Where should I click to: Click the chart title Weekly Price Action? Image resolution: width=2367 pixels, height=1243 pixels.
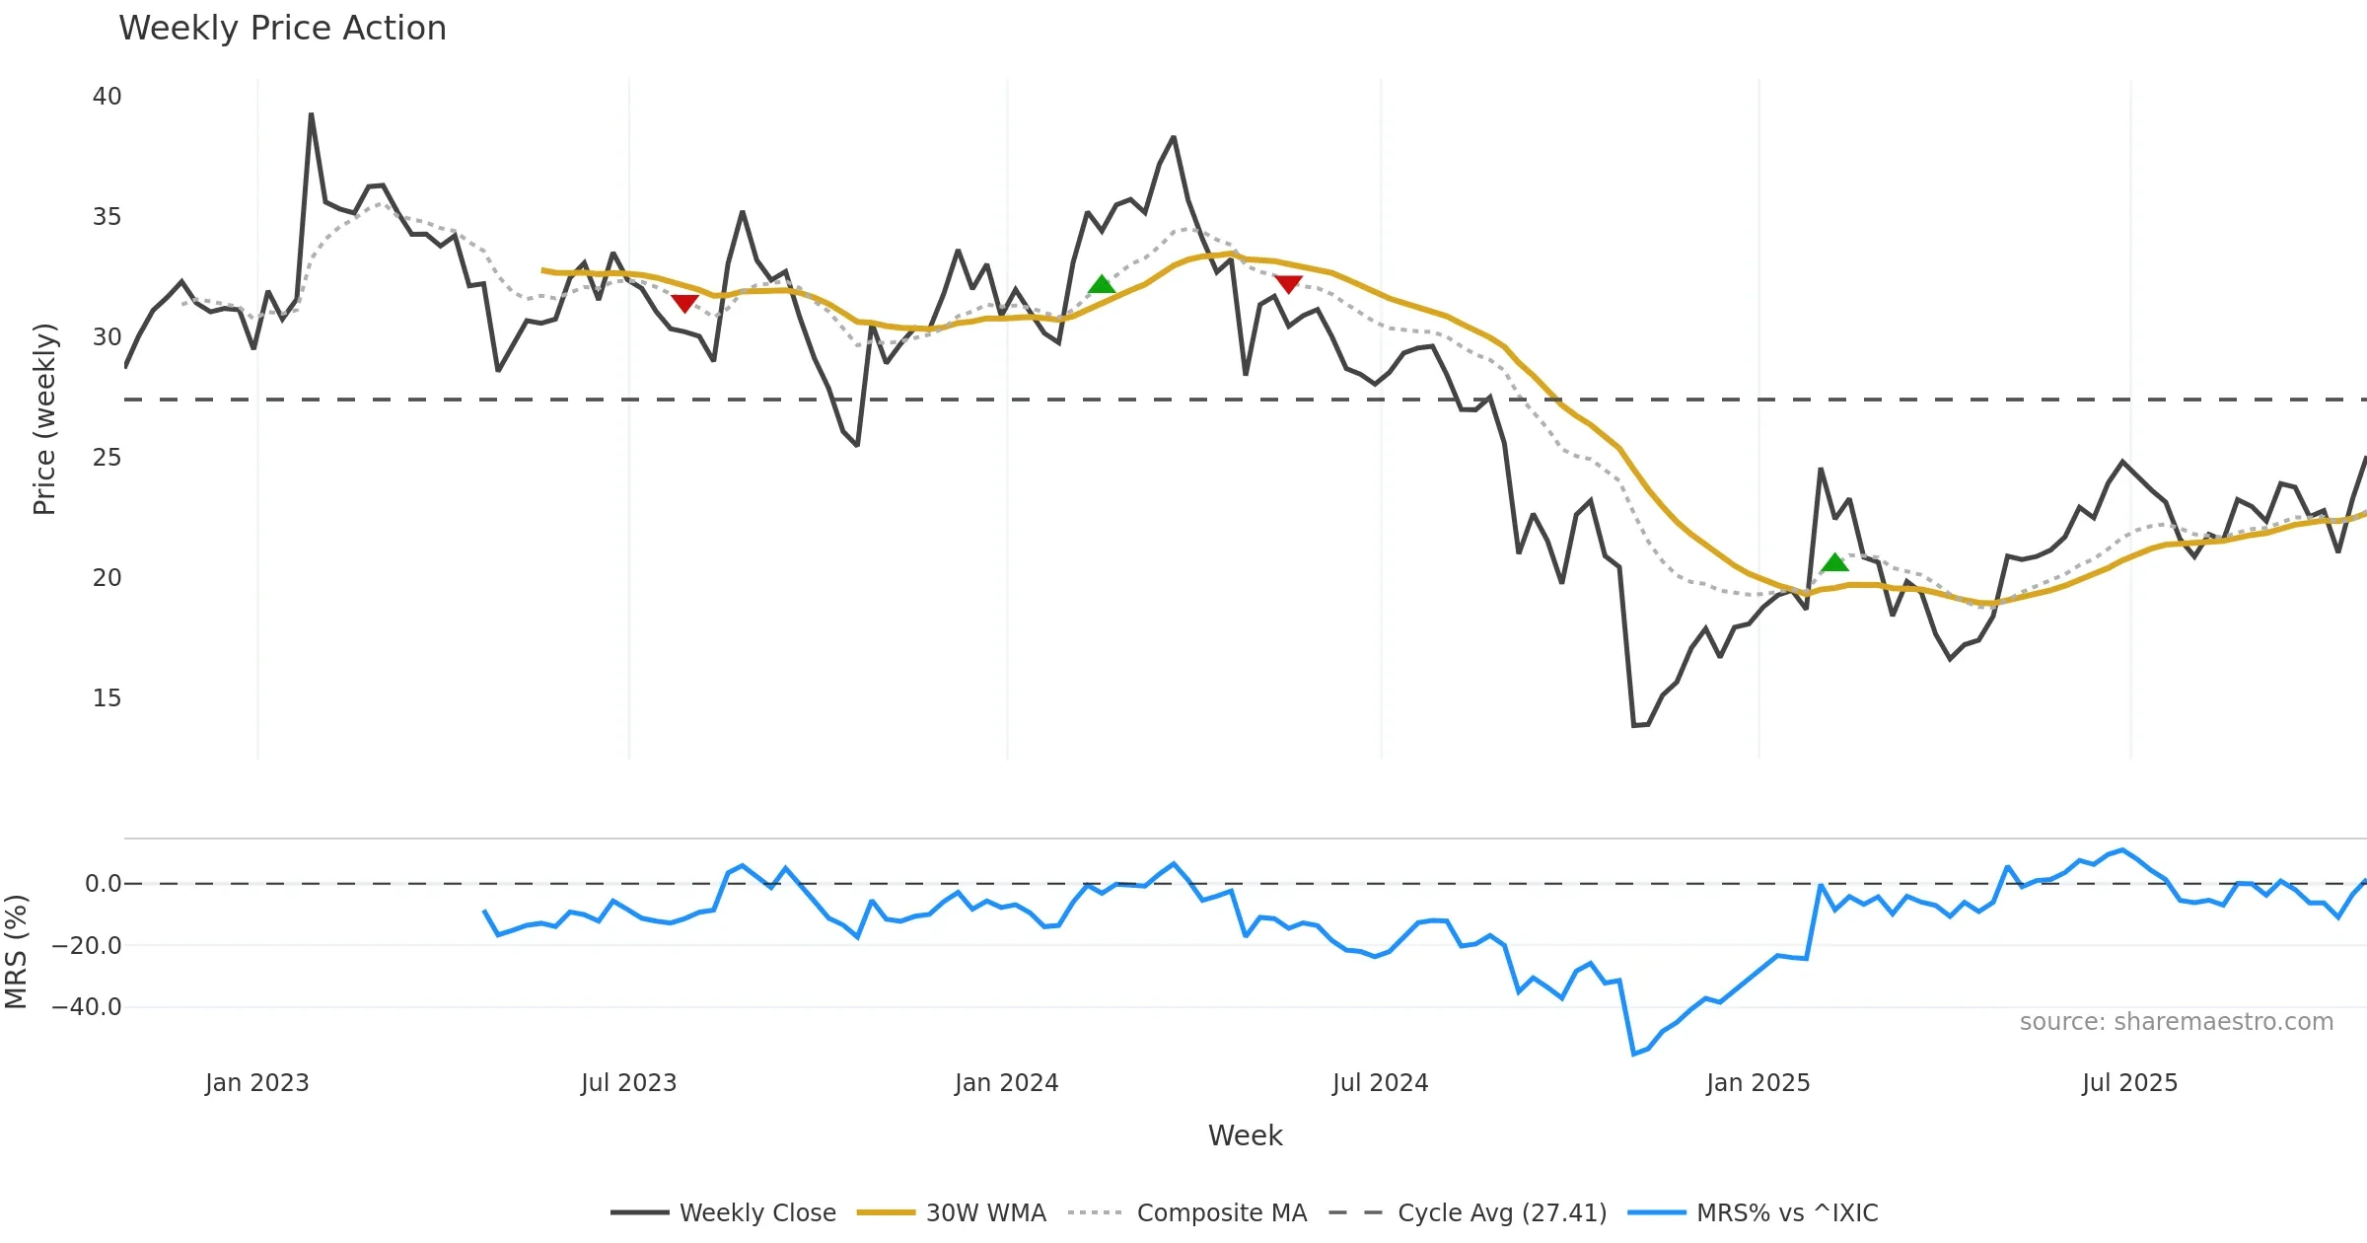click(x=282, y=29)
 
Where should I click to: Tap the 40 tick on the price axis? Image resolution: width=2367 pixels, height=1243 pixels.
click(x=107, y=97)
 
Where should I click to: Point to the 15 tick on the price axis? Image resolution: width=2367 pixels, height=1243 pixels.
click(x=107, y=698)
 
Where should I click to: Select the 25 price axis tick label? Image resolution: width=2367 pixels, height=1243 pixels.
click(x=107, y=458)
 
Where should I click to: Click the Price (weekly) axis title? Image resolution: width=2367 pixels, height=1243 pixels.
click(x=44, y=419)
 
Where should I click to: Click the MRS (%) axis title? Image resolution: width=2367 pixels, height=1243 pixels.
click(x=16, y=952)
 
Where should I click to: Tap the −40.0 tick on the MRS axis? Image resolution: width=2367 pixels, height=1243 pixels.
click(x=87, y=1007)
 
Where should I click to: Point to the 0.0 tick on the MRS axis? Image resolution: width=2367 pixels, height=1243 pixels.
click(x=103, y=884)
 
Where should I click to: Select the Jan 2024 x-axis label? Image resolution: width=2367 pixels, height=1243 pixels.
click(x=1006, y=1083)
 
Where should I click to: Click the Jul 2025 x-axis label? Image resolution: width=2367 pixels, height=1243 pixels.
click(x=2129, y=1083)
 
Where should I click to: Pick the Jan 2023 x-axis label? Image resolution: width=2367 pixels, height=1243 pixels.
click(x=256, y=1083)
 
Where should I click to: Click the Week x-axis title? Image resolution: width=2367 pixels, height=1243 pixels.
click(x=1245, y=1136)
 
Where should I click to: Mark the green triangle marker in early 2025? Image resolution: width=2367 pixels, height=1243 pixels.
click(x=1834, y=563)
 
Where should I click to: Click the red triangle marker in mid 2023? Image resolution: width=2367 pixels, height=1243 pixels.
click(x=684, y=304)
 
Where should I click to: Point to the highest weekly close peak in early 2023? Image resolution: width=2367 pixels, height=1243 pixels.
click(x=311, y=114)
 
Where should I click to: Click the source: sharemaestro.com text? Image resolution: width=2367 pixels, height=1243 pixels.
click(x=2176, y=1022)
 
